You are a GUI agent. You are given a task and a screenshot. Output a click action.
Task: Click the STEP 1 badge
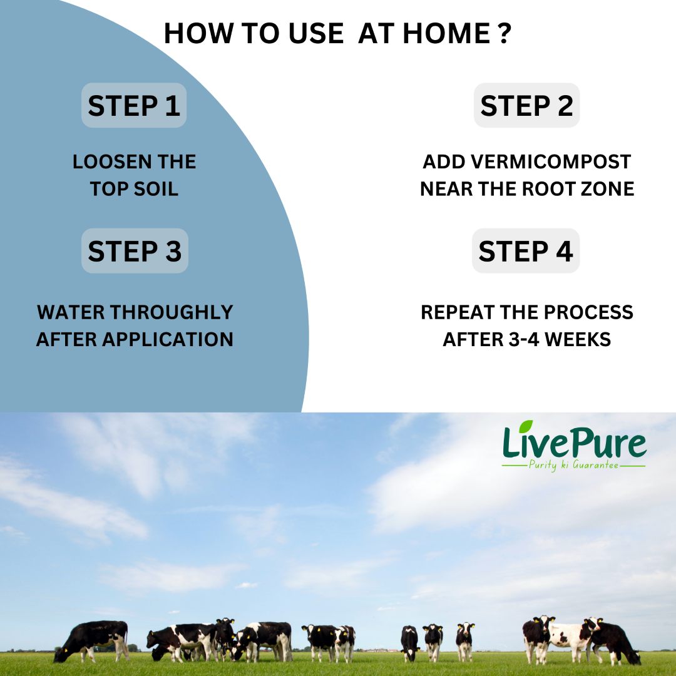click(134, 105)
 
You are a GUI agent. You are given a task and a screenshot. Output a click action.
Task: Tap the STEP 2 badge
click(526, 105)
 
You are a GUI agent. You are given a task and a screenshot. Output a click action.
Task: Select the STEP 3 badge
click(135, 250)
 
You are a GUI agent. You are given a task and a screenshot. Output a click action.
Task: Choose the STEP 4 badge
click(526, 250)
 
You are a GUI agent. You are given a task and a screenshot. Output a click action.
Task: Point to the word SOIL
click(156, 189)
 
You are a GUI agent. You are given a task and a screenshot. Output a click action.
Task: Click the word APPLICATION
click(168, 339)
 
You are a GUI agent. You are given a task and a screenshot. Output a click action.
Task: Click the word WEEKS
click(578, 339)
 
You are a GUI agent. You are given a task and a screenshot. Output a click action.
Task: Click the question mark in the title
click(504, 33)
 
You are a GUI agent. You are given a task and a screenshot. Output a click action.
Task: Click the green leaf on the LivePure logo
click(526, 426)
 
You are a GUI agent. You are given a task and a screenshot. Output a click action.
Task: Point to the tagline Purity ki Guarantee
click(573, 465)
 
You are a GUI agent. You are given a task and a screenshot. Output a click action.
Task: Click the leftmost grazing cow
click(91, 641)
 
